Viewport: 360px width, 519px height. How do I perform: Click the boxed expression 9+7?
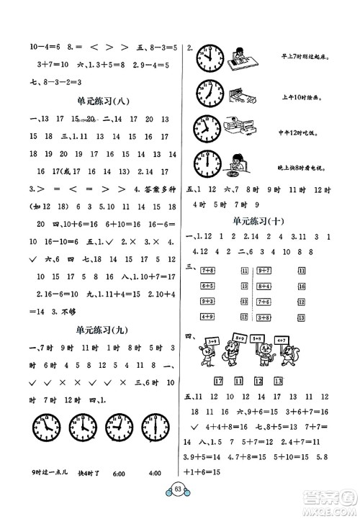pyautogui.click(x=263, y=269)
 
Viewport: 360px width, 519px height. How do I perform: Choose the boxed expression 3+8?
pyautogui.click(x=263, y=316)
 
